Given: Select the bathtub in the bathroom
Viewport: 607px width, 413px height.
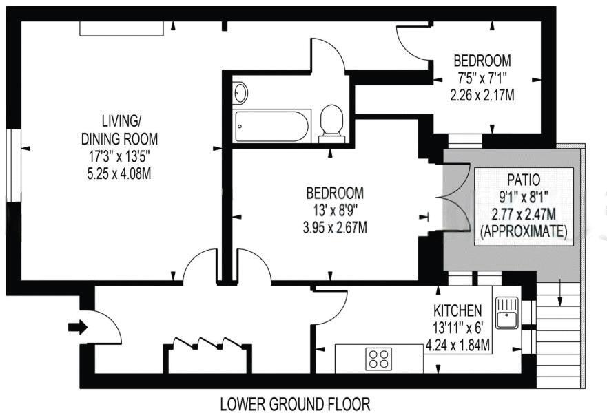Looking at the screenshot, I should pos(273,126).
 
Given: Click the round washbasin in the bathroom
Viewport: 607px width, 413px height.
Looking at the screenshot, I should pos(240,92).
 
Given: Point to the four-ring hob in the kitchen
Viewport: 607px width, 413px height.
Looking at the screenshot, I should pos(379,359).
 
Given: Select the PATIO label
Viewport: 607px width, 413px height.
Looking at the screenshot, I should pos(522,180).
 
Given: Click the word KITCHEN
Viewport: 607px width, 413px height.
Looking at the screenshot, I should pos(457,310).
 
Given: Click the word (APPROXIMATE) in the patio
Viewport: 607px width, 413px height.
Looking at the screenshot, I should pos(522,232).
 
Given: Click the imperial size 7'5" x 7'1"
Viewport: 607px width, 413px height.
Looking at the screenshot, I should pos(482,78).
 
